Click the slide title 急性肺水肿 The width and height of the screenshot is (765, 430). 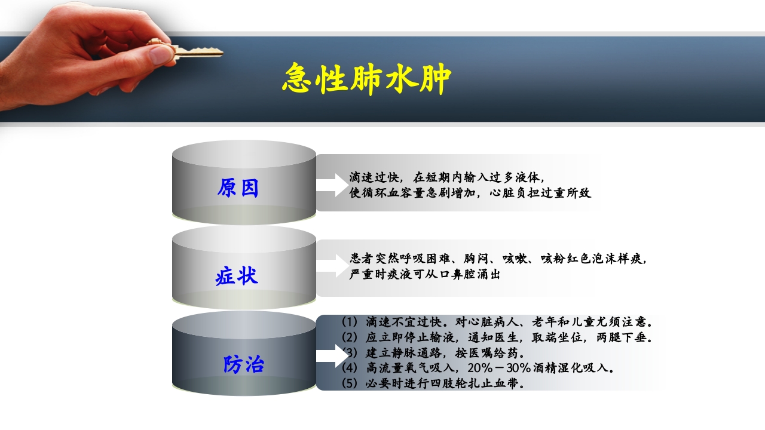click(366, 78)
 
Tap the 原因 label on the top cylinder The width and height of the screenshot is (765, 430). click(238, 188)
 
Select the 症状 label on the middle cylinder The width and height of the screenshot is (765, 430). click(237, 276)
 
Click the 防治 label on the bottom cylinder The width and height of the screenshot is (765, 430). click(244, 364)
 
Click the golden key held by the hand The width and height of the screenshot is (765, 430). click(197, 53)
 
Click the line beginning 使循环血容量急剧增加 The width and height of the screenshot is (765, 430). click(470, 193)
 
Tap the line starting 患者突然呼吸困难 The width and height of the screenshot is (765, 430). click(498, 259)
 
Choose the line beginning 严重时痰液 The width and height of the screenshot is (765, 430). click(425, 275)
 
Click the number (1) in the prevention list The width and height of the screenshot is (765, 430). click(349, 321)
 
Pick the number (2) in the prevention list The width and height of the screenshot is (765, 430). click(349, 337)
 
